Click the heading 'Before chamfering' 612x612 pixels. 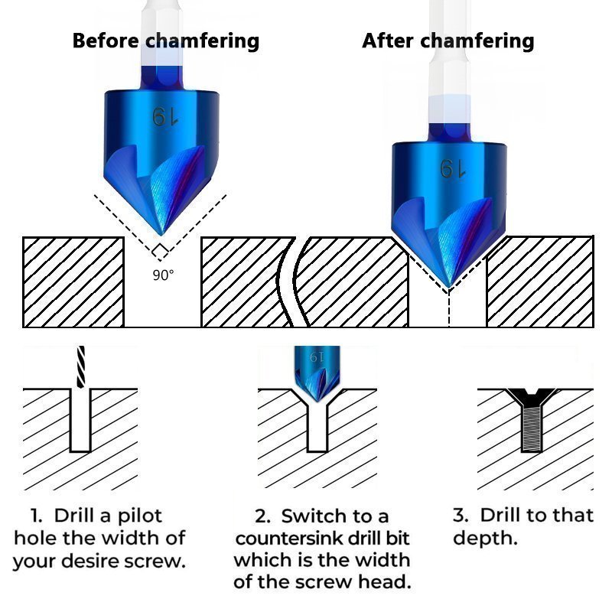[165, 41]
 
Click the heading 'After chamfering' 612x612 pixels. [448, 41]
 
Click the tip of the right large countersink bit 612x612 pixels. [448, 286]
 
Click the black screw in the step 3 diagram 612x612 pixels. [529, 421]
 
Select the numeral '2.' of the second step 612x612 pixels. [263, 516]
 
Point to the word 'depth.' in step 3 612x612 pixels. [485, 538]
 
